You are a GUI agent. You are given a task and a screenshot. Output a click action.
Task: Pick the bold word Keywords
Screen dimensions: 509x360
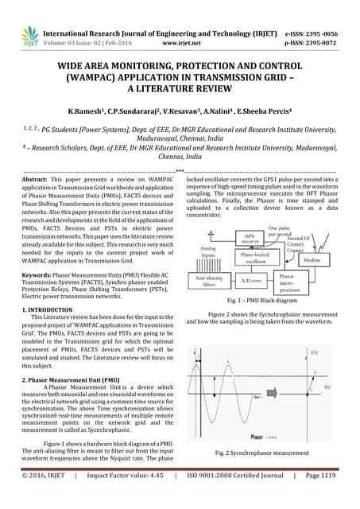pyautogui.click(x=38, y=273)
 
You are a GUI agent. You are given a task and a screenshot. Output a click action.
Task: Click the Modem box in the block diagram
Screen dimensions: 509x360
pyautogui.click(x=312, y=238)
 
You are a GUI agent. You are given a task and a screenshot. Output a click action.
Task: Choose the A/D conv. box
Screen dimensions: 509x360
pyautogui.click(x=255, y=258)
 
